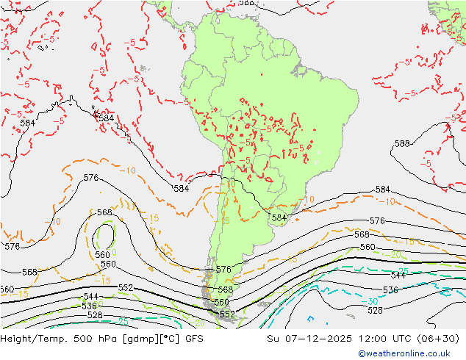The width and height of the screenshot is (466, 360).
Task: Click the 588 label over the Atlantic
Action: click(x=402, y=143)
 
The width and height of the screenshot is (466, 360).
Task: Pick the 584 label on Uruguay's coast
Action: click(x=279, y=218)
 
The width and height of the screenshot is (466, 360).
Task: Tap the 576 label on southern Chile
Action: click(x=223, y=270)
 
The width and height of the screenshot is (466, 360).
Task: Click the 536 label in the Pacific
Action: click(x=90, y=306)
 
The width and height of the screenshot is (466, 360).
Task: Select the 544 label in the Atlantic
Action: click(x=398, y=276)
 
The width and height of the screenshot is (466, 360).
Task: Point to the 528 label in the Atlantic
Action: click(x=375, y=310)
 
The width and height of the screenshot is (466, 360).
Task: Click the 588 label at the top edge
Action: click(x=248, y=3)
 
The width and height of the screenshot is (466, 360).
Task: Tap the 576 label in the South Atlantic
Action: click(x=377, y=220)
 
